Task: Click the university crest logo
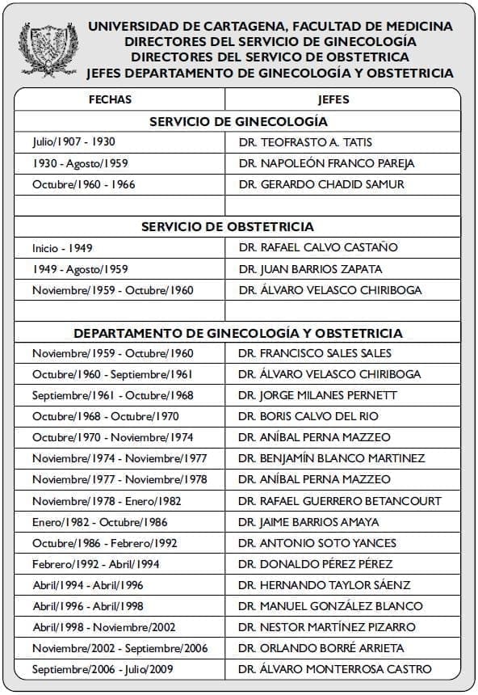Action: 49,48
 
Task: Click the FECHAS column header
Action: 110,99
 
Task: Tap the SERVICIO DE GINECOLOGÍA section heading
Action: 238,121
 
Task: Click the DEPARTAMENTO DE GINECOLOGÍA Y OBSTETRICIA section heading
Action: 238,333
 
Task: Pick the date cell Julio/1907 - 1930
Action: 73,142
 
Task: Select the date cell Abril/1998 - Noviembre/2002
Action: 104,627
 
